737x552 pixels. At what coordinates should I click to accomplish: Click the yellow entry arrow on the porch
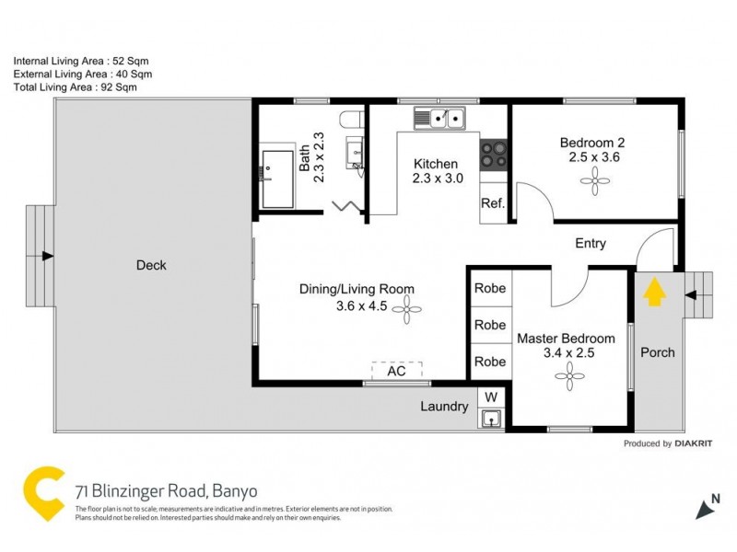[x=652, y=293]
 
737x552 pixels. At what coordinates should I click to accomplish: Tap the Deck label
[x=151, y=265]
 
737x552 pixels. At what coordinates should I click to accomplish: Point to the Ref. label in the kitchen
[x=492, y=204]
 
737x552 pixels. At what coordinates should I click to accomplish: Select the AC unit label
[x=397, y=371]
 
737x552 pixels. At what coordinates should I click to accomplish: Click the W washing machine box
[x=491, y=397]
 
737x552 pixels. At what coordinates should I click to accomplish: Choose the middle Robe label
[x=489, y=325]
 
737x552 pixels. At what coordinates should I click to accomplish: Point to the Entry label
[x=591, y=244]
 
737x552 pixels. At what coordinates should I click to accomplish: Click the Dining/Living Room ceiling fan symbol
[x=403, y=313]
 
